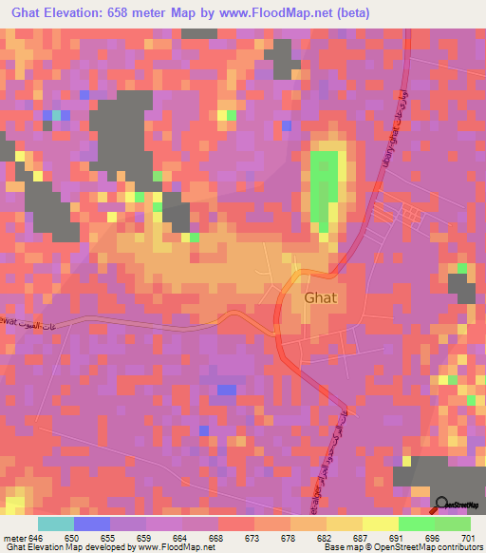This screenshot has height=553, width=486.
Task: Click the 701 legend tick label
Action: [x=465, y=537]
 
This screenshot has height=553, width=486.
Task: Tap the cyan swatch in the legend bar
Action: [x=56, y=524]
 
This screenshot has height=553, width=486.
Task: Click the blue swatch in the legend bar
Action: [x=92, y=524]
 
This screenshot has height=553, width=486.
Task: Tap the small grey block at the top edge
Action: [x=199, y=32]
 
